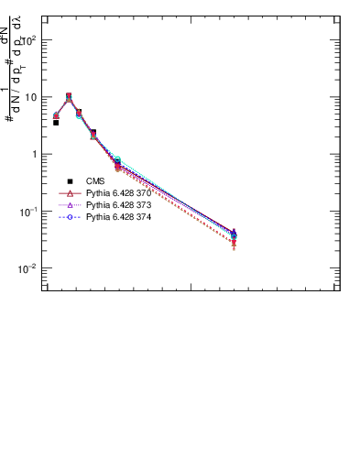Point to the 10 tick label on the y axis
pos(30,97)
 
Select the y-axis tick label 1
pos(34,155)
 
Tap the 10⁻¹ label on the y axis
pos(28,212)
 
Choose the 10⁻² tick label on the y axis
pos(28,268)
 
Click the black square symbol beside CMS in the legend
pos(71,181)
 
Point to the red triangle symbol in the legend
pos(71,194)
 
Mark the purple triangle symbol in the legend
pos(71,206)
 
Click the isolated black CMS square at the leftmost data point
pos(56,122)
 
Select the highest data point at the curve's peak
pos(69,96)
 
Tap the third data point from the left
pos(79,113)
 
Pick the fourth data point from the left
pos(93,134)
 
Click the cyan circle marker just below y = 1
pos(117,160)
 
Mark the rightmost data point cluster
pos(235,236)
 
